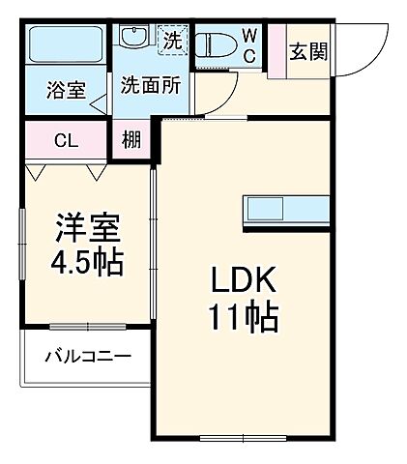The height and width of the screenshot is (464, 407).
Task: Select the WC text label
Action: click(x=248, y=43)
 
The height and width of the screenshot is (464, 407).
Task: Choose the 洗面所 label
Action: click(x=151, y=85)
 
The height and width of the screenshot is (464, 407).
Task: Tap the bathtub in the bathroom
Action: click(x=66, y=43)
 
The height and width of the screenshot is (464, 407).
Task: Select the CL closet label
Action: click(x=65, y=140)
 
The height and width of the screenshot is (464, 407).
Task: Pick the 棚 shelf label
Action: click(x=132, y=140)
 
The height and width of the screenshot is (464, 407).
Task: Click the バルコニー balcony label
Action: click(x=87, y=359)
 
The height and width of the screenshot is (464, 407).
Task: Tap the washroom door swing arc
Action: click(x=222, y=95)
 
